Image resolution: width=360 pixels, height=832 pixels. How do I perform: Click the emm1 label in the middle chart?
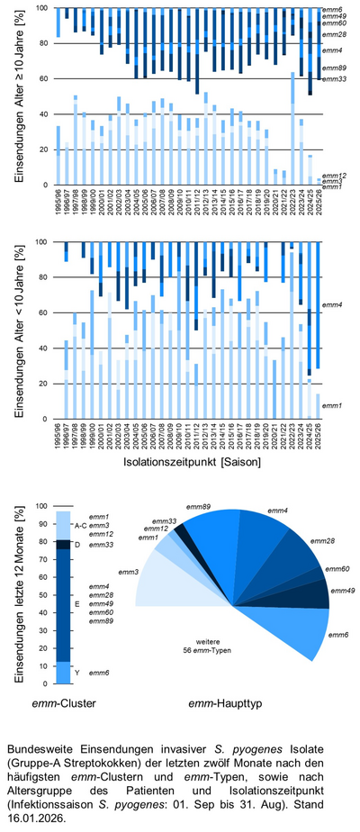coord(333,407)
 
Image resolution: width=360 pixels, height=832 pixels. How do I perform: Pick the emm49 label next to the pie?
coord(343,591)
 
